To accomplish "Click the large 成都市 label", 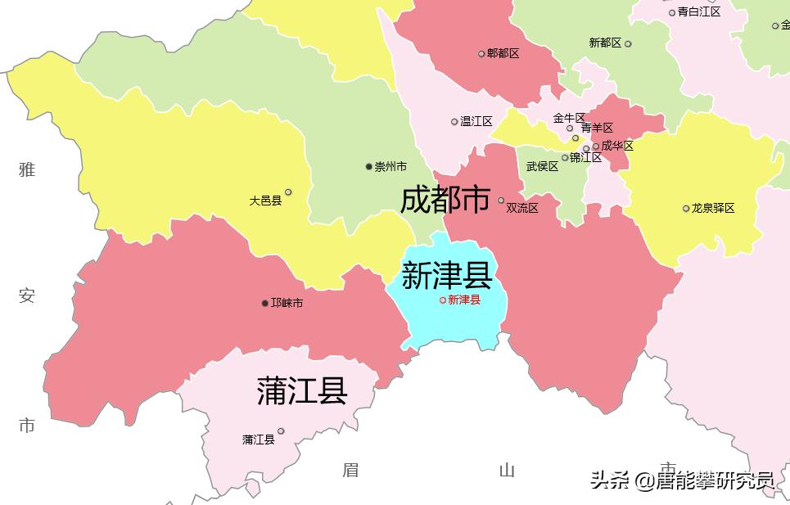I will pyautogui.click(x=445, y=201).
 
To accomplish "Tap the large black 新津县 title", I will pyautogui.click(x=447, y=276).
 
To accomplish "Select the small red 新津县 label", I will pyautogui.click(x=464, y=300).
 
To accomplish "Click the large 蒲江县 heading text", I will pyautogui.click(x=302, y=390).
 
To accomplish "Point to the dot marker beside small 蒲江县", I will pyautogui.click(x=281, y=431).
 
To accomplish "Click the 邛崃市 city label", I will pyautogui.click(x=287, y=304).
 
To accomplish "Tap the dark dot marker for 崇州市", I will pyautogui.click(x=369, y=167).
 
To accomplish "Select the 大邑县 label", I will pyautogui.click(x=265, y=201).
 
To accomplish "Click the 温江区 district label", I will pyautogui.click(x=476, y=122).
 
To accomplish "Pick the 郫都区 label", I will pyautogui.click(x=503, y=54).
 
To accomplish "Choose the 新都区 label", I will pyautogui.click(x=605, y=43).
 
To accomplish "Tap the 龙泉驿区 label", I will pyautogui.click(x=713, y=209).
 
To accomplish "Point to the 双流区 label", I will pyautogui.click(x=522, y=209).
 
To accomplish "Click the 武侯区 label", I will pyautogui.click(x=542, y=167).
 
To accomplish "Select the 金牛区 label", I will pyautogui.click(x=569, y=119).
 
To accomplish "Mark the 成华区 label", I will pyautogui.click(x=617, y=147).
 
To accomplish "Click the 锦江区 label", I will pyautogui.click(x=586, y=158).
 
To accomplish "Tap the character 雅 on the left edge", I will pyautogui.click(x=27, y=169).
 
